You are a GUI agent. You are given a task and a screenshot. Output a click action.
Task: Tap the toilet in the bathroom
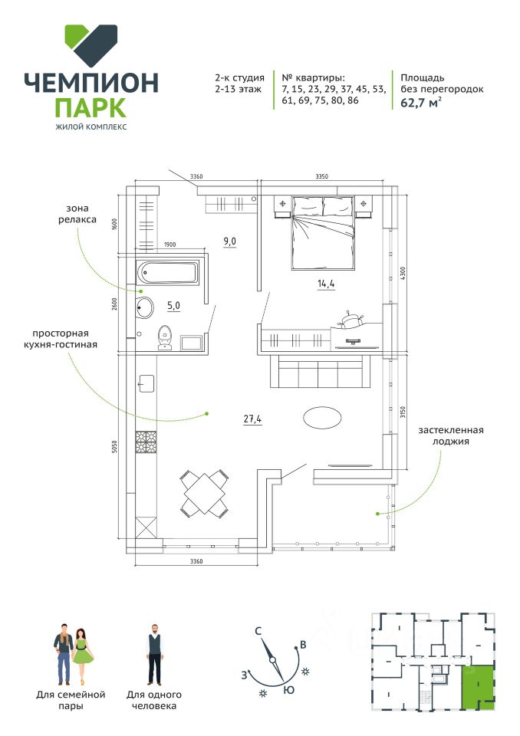pyautogui.click(x=164, y=337)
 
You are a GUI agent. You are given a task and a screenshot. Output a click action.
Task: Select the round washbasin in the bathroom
pyautogui.click(x=145, y=308)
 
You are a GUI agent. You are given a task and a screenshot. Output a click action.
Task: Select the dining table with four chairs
pyautogui.click(x=204, y=492)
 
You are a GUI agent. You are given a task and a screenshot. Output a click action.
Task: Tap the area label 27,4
pyautogui.click(x=252, y=419)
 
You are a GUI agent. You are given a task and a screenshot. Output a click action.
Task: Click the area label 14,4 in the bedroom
pyautogui.click(x=326, y=284)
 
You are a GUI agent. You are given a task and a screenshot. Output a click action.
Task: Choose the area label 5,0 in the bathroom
pyautogui.click(x=173, y=305)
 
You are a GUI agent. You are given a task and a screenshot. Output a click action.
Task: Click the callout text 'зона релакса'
pyautogui.click(x=81, y=214)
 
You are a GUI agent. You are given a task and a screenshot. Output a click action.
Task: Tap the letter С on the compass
pyautogui.click(x=259, y=632)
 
